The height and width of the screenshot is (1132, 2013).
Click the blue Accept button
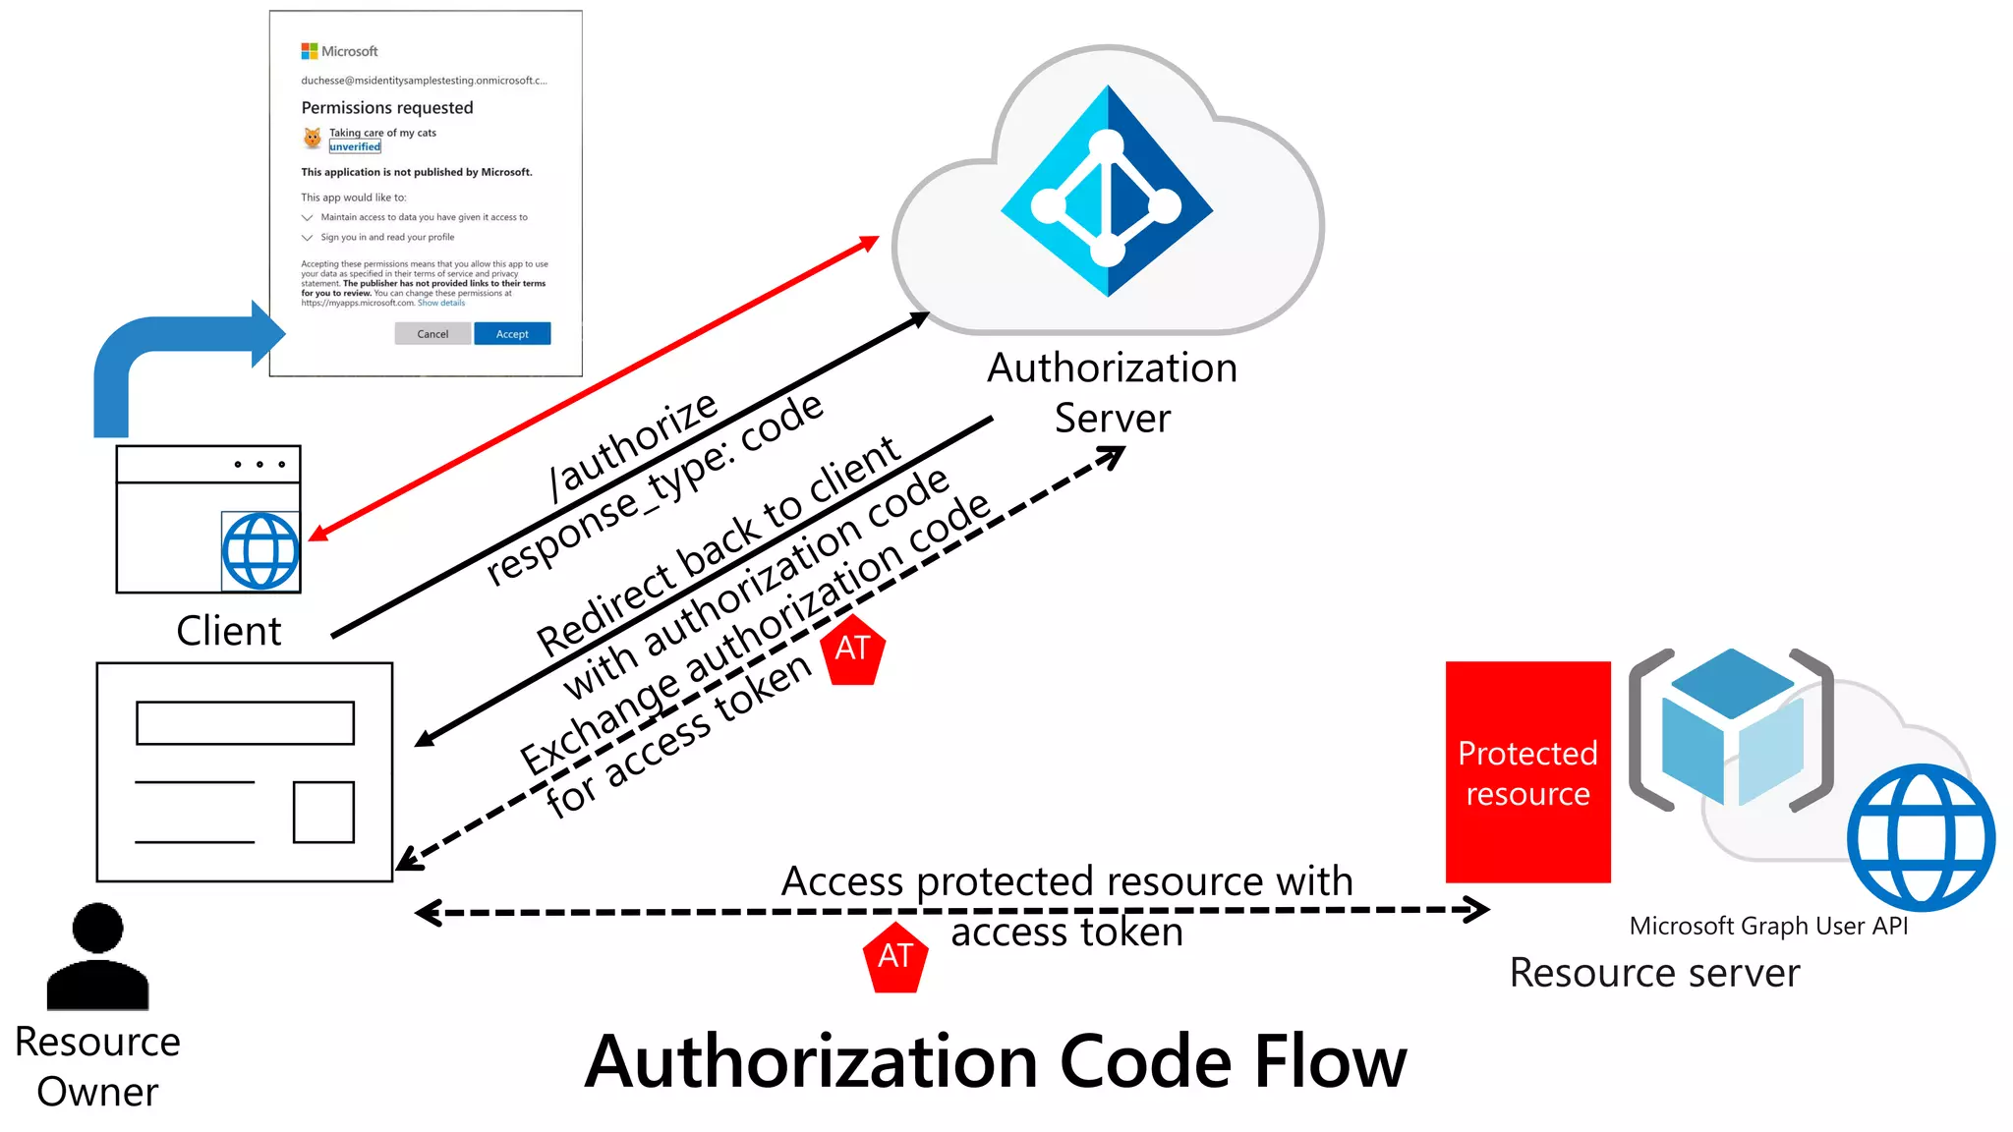(511, 334)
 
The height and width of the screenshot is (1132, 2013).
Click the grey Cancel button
(432, 334)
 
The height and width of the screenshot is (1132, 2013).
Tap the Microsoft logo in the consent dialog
(310, 51)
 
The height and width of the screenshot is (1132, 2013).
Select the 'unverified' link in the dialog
(355, 146)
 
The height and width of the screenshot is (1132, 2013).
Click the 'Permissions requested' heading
(386, 107)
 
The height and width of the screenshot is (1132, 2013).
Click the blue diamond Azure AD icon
(1108, 192)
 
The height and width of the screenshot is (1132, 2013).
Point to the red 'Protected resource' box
(1527, 772)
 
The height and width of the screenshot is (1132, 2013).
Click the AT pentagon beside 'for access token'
(853, 650)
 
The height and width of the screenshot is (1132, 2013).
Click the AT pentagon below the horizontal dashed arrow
(894, 957)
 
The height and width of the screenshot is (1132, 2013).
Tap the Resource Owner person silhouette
(97, 957)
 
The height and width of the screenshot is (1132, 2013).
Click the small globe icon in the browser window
(260, 551)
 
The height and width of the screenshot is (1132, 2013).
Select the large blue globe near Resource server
(1921, 837)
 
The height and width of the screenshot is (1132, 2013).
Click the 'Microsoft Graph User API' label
(1768, 926)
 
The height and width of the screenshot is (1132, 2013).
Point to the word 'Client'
(228, 631)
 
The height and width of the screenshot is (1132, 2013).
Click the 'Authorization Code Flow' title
(995, 1062)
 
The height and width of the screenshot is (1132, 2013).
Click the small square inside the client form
(323, 812)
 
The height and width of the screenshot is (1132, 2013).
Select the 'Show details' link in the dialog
(441, 303)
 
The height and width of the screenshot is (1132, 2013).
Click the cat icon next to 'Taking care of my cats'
(313, 139)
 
